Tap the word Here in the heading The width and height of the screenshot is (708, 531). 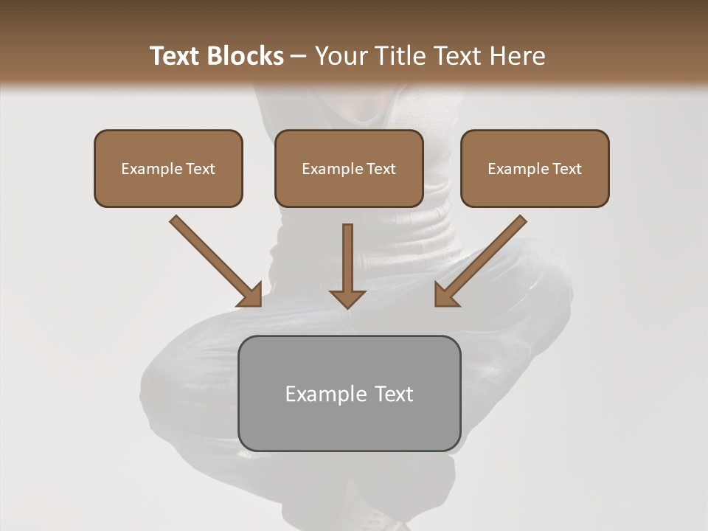516,56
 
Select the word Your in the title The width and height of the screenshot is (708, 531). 340,56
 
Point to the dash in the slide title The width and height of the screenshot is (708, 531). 299,57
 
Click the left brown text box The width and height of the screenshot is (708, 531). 168,168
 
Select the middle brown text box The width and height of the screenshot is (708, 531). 349,168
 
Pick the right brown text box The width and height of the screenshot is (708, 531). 535,168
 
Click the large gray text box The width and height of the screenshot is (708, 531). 349,393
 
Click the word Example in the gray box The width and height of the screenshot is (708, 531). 325,394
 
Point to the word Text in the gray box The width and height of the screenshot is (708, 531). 393,394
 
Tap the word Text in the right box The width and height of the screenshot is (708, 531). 567,169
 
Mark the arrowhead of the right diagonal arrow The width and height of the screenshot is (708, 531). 446,294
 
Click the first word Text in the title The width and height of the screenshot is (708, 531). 176,56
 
